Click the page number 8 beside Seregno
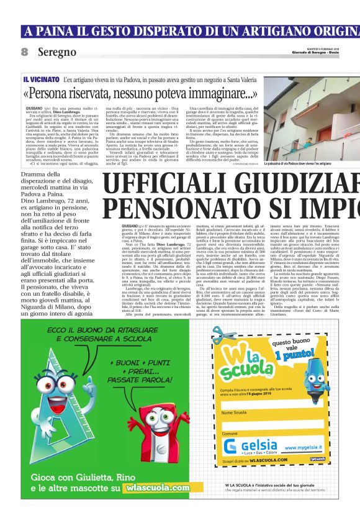(x=25, y=52)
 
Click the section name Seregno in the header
(x=56, y=52)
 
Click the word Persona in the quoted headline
(x=56, y=94)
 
